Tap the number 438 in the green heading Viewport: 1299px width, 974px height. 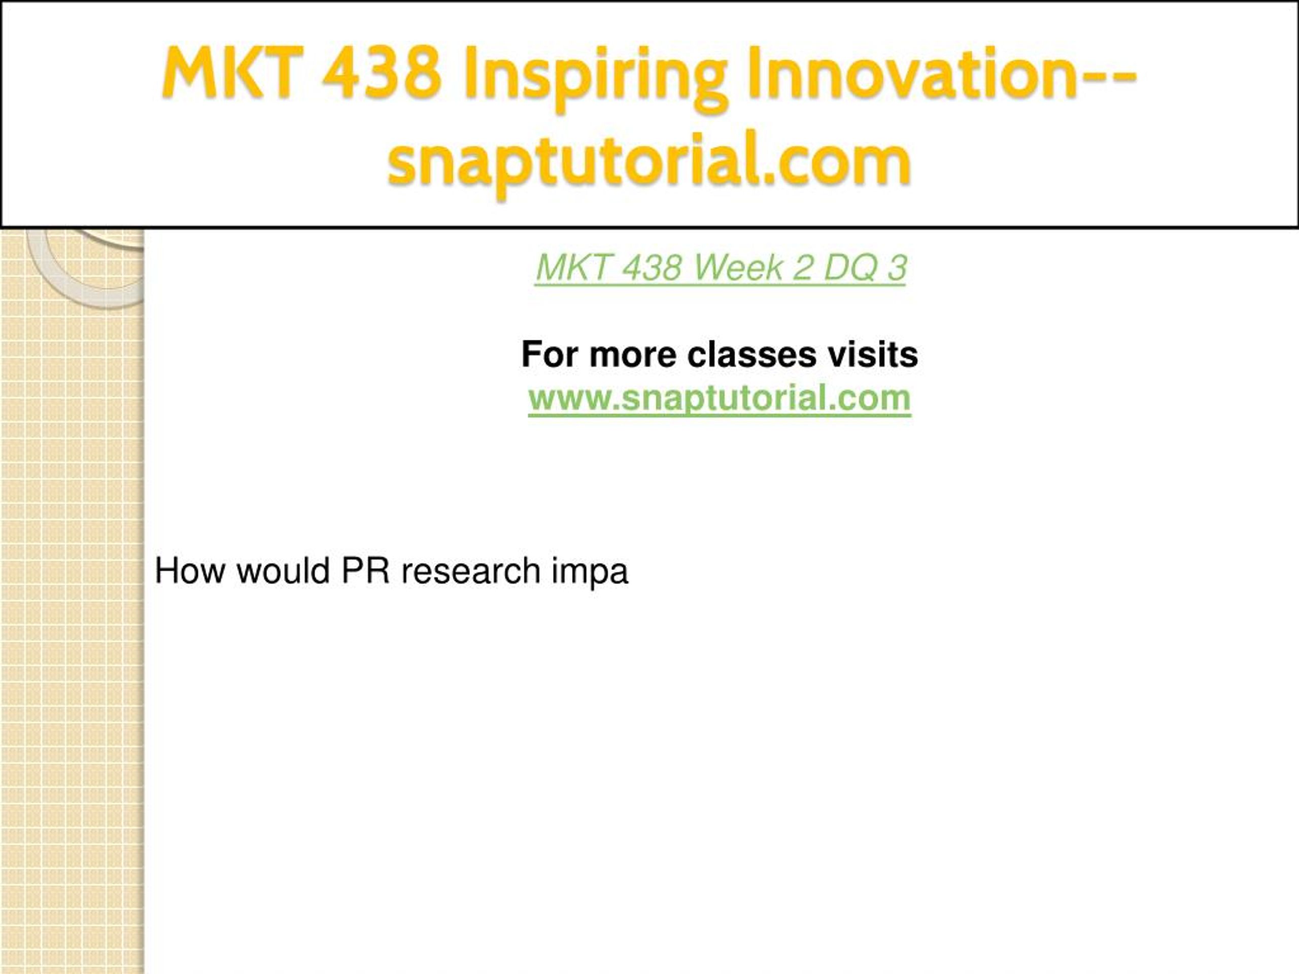(x=651, y=268)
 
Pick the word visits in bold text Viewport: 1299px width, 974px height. (x=873, y=355)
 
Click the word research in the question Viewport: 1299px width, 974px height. (x=470, y=571)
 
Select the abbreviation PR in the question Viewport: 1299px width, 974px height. (x=365, y=571)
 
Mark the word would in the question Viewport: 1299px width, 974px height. (x=283, y=571)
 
